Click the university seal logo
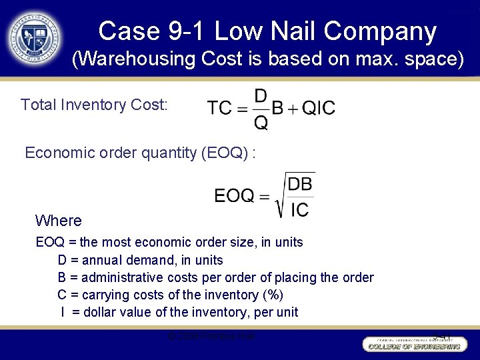tap(35, 38)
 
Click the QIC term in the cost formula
tap(319, 108)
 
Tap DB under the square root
tap(300, 183)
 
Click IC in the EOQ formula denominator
tap(300, 210)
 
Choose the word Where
tap(58, 221)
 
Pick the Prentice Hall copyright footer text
tap(211, 336)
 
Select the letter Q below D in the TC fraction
tap(261, 123)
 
